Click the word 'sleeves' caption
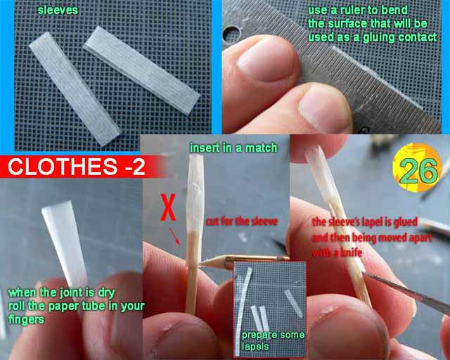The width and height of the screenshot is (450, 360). pyautogui.click(x=58, y=10)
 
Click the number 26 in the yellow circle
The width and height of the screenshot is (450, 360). pyautogui.click(x=418, y=172)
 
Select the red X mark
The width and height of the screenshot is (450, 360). pyautogui.click(x=168, y=207)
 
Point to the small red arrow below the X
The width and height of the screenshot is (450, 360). pyautogui.click(x=174, y=236)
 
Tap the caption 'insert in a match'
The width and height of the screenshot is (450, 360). pyautogui.click(x=233, y=148)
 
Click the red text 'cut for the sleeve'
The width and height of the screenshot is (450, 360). pyautogui.click(x=242, y=221)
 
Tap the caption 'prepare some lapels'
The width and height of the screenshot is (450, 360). pyautogui.click(x=273, y=340)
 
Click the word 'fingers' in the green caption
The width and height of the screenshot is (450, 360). pyautogui.click(x=27, y=319)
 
